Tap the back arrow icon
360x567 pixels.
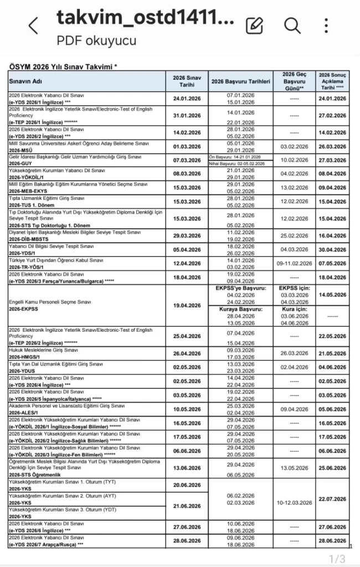pyautogui.click(x=34, y=25)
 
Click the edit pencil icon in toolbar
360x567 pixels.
pyautogui.click(x=254, y=25)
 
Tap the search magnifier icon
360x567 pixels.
pyautogui.click(x=292, y=25)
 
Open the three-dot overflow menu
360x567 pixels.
pyautogui.click(x=327, y=25)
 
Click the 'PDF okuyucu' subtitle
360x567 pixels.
pyautogui.click(x=96, y=40)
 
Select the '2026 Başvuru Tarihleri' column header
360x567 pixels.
pyautogui.click(x=240, y=81)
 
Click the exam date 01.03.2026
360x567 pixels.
pyautogui.click(x=187, y=146)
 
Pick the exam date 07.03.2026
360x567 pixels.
pyautogui.click(x=187, y=161)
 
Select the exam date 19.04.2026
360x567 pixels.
pyautogui.click(x=187, y=305)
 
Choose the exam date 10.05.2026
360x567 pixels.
pyautogui.click(x=187, y=410)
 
